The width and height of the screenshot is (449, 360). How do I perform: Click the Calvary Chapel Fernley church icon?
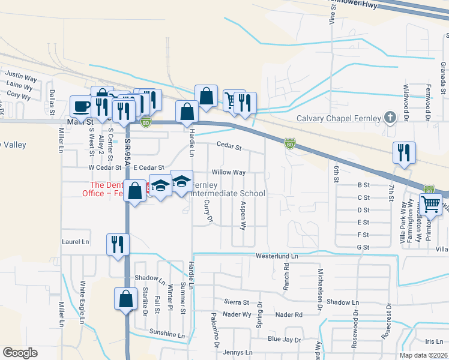[390, 118]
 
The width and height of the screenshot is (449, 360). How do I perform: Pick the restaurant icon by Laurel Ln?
[117, 244]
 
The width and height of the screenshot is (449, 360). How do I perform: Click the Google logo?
[20, 353]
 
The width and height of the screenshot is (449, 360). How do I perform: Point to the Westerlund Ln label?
[277, 256]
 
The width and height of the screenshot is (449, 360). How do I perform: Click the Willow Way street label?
[229, 172]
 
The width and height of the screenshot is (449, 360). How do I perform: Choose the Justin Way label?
[22, 78]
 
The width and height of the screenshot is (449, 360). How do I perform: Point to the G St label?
[362, 247]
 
